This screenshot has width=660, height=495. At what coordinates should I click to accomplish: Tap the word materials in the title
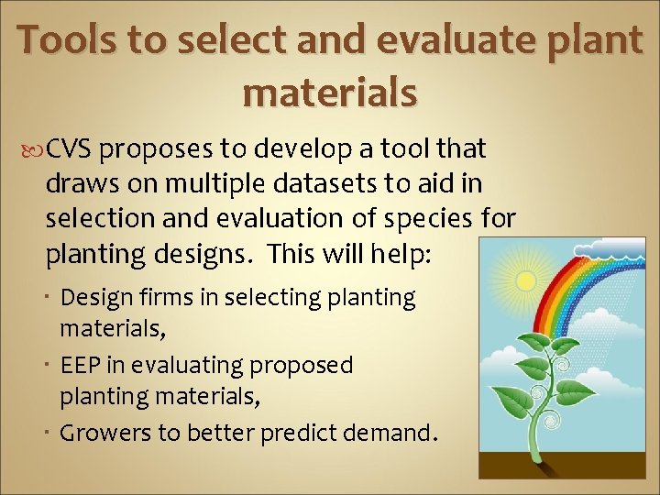(x=330, y=92)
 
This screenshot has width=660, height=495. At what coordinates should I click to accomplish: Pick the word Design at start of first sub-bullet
(x=96, y=297)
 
